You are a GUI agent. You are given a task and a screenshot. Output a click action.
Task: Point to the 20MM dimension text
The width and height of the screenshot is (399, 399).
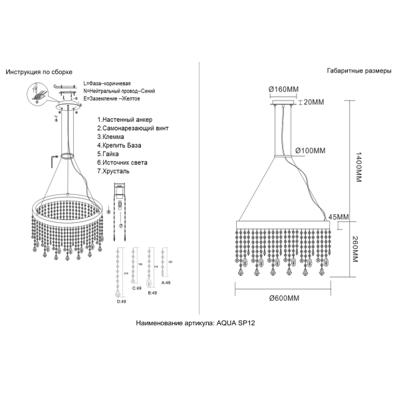click(313, 102)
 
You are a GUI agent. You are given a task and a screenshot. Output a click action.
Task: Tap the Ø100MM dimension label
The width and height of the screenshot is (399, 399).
click(310, 150)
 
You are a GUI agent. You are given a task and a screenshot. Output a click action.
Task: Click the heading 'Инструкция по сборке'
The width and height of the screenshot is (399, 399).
click(39, 71)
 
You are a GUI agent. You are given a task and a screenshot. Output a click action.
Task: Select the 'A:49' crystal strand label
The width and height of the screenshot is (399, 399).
click(166, 283)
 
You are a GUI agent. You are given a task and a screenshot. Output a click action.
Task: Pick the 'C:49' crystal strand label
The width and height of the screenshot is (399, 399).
click(138, 289)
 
